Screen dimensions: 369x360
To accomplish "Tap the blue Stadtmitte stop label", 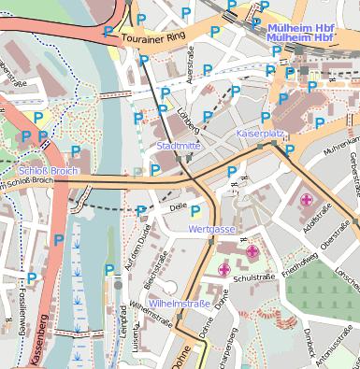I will [x=179, y=146].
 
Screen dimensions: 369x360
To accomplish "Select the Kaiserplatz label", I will [x=259, y=135].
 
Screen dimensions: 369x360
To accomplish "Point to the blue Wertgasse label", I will [x=210, y=229].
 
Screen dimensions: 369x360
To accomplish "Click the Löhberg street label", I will [x=190, y=121].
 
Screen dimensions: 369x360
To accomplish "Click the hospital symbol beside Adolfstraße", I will [x=306, y=199].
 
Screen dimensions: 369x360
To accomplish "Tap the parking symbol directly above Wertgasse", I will [x=195, y=212].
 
